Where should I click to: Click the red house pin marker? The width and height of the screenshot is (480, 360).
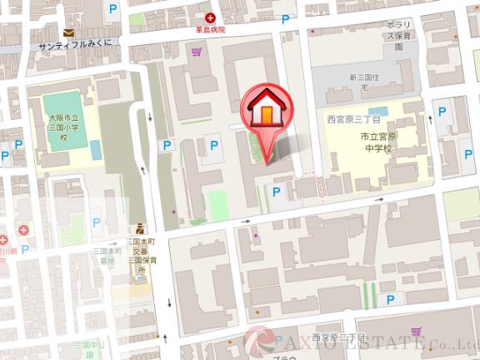264,111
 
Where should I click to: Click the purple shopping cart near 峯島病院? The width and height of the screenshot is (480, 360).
197,52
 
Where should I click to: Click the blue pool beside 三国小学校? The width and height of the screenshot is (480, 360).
95,150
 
